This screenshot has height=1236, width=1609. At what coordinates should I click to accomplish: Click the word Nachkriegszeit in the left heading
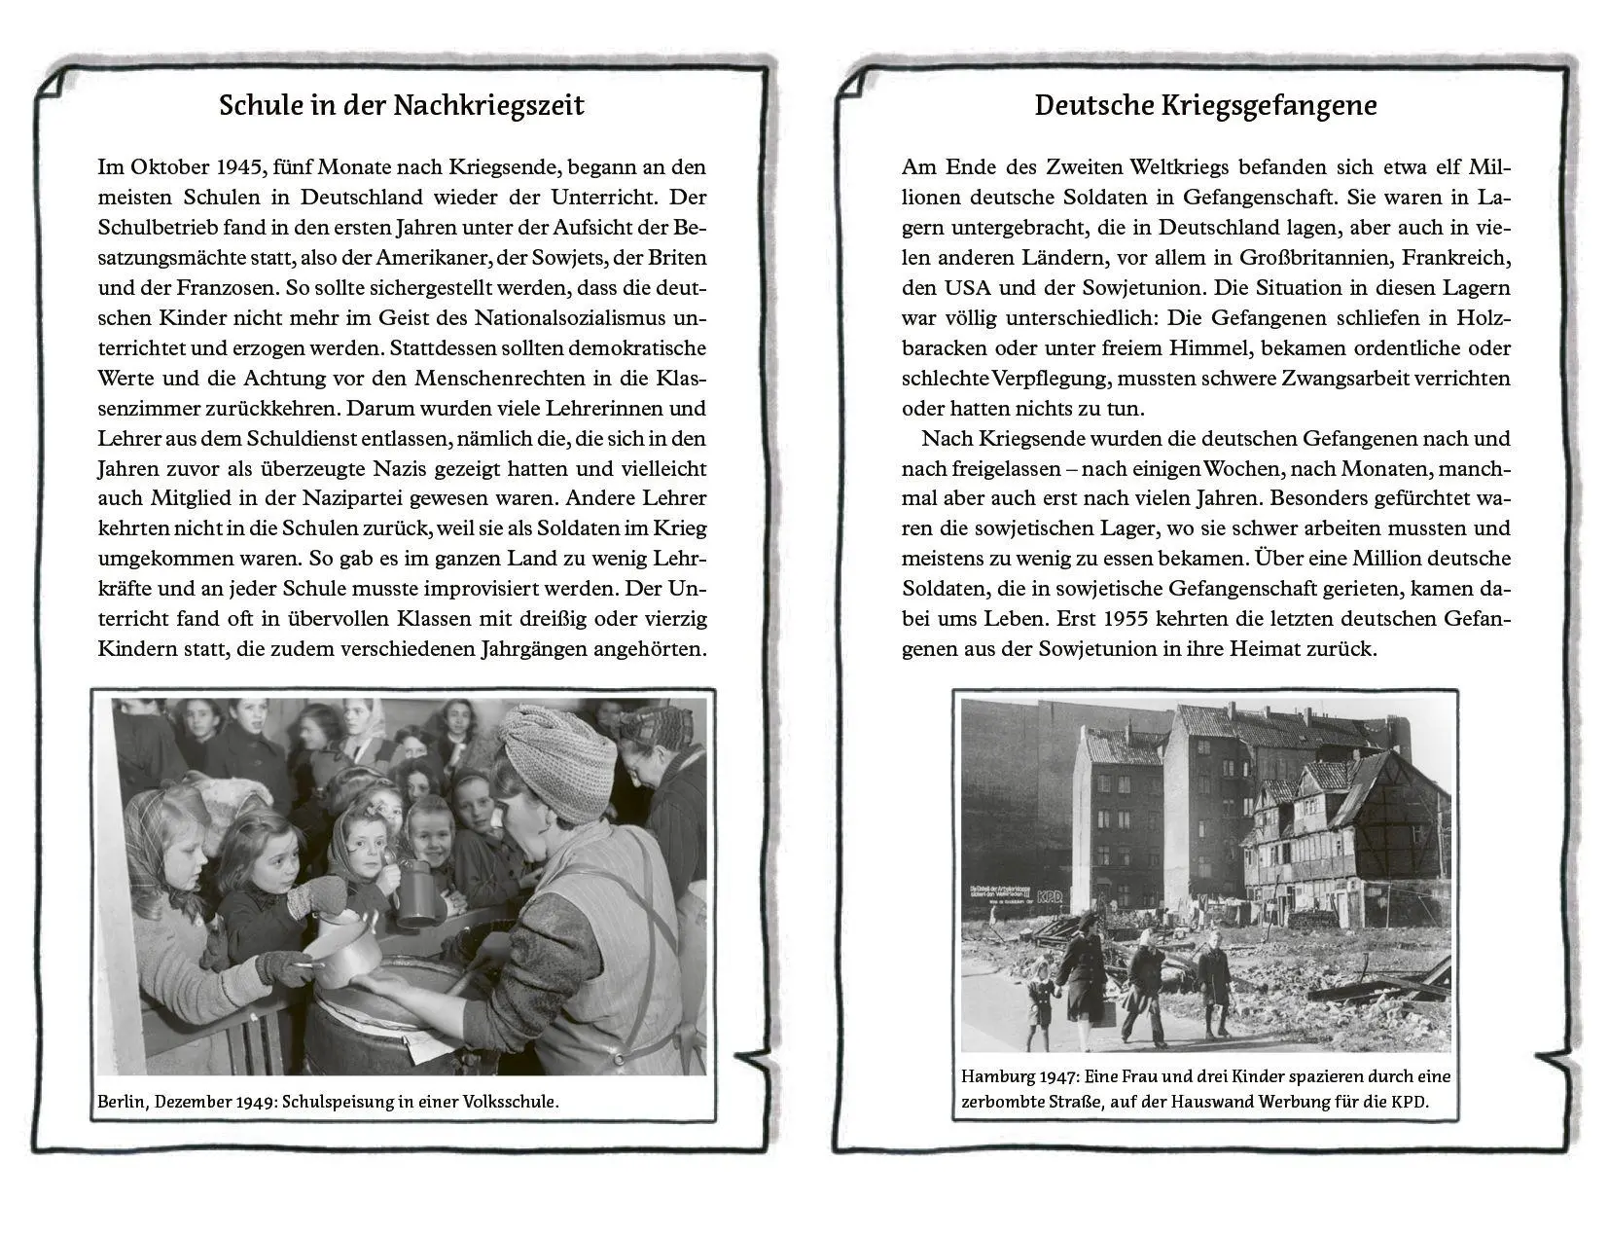(488, 105)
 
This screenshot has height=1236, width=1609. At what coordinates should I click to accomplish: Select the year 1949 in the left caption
(258, 1103)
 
